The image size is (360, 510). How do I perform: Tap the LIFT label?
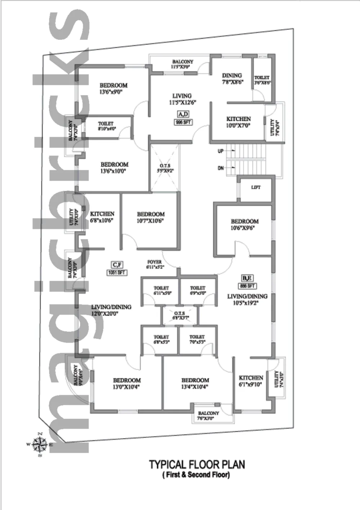coord(256,188)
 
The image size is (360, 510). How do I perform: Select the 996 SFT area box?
coord(183,122)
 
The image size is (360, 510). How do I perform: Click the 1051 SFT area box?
coord(117,272)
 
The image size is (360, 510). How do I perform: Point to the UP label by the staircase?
coord(220,151)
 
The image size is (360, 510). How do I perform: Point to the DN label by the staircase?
coord(220,168)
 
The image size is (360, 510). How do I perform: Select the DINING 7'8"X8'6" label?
coord(232,78)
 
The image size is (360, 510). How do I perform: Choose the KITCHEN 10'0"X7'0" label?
coord(238,122)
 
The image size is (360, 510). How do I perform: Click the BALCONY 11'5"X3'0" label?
coord(183,64)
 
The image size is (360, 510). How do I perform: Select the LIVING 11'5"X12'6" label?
coord(182,99)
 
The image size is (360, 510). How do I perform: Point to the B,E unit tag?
coord(247,278)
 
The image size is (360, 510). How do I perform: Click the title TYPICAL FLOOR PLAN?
coord(197,464)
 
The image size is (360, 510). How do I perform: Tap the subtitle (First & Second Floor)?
coord(197,475)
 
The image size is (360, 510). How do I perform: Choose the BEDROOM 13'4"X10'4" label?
coord(195,383)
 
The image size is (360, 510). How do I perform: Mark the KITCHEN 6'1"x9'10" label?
coord(251,381)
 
